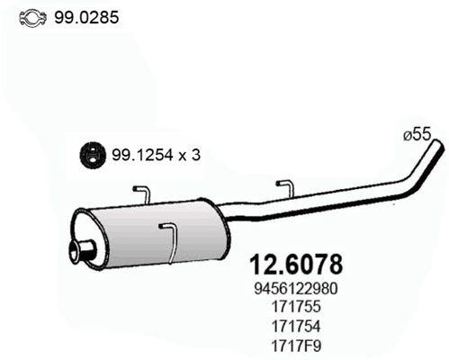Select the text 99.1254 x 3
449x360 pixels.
pyautogui.click(x=155, y=154)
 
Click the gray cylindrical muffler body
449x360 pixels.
pyautogui.click(x=153, y=230)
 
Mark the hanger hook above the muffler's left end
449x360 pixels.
pyautogui.click(x=142, y=195)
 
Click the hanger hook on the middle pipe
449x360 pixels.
pyautogui.click(x=285, y=189)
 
